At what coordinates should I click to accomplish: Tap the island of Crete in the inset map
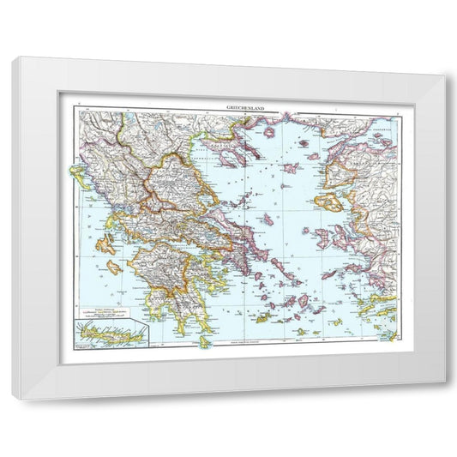point(111,331)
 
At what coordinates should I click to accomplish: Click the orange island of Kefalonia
point(105,246)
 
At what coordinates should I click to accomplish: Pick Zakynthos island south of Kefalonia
point(113,267)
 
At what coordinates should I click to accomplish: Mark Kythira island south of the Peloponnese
point(204,340)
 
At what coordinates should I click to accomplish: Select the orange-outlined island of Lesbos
point(328,203)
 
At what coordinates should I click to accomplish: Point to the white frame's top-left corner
point(14,57)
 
